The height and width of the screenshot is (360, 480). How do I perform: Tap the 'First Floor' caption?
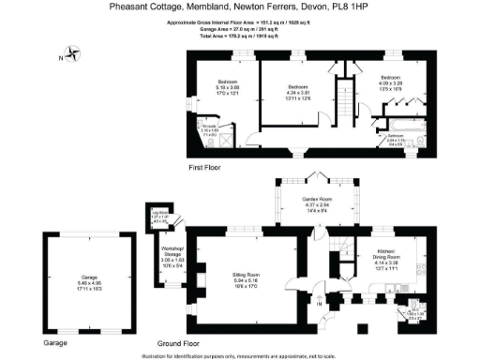203,168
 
